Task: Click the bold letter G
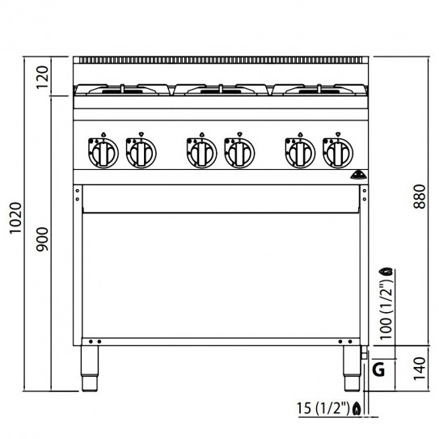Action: click(x=378, y=371)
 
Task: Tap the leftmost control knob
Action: click(x=104, y=150)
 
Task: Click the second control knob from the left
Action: click(x=141, y=150)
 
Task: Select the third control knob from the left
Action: click(x=200, y=150)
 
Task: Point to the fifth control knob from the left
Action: click(x=298, y=150)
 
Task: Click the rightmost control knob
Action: click(x=336, y=150)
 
